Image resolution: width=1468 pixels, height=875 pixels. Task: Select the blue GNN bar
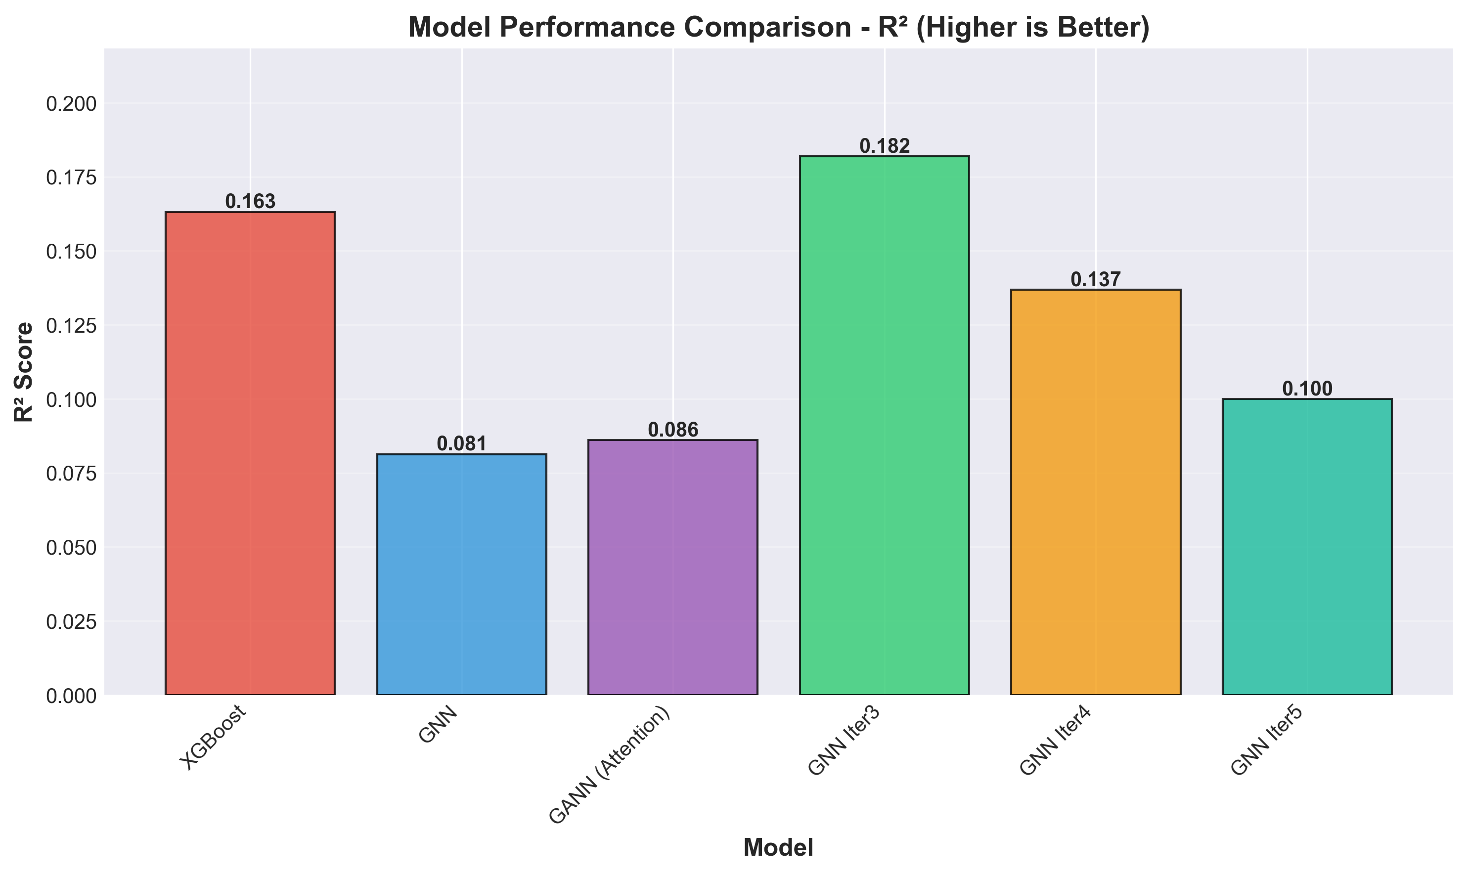click(x=462, y=574)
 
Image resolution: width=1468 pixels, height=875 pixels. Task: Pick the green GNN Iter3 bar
click(x=885, y=425)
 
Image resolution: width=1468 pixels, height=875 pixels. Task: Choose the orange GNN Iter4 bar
click(x=1095, y=492)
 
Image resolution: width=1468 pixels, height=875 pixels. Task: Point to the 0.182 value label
click(x=885, y=146)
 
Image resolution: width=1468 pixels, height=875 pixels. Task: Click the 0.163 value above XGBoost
click(x=250, y=202)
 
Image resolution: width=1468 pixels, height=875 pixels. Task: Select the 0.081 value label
click(x=462, y=444)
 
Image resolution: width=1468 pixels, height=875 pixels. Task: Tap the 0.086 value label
click(x=672, y=430)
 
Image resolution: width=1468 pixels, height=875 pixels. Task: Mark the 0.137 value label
click(x=1095, y=279)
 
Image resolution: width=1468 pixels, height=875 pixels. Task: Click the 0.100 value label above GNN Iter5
click(x=1307, y=389)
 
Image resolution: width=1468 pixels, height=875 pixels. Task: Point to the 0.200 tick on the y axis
click(x=70, y=104)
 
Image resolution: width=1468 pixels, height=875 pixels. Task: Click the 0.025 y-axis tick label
click(x=70, y=621)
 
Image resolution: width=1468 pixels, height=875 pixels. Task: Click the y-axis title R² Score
click(x=24, y=371)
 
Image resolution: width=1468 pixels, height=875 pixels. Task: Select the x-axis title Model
click(x=778, y=848)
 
